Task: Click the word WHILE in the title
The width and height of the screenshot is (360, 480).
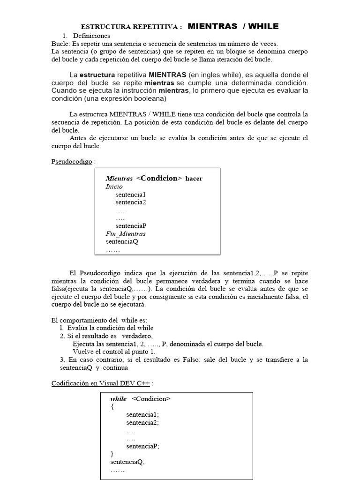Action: click(x=265, y=26)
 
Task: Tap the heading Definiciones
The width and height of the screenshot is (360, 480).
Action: click(x=91, y=36)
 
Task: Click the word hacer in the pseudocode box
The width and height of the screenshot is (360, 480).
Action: click(x=194, y=179)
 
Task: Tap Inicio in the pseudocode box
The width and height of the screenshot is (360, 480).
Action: click(x=114, y=187)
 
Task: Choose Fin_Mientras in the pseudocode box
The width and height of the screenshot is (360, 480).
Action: click(x=126, y=233)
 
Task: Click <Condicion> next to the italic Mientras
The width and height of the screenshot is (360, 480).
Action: click(x=159, y=178)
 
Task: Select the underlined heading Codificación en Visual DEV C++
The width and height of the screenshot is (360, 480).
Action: click(x=100, y=383)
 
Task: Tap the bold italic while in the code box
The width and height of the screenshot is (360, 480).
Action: click(x=119, y=399)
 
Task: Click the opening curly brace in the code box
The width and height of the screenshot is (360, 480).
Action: click(x=112, y=407)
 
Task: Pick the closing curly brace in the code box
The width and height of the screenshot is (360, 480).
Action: click(x=112, y=454)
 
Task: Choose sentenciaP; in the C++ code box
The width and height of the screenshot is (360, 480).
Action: click(x=143, y=446)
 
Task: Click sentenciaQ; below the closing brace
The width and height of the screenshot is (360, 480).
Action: click(x=127, y=462)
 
